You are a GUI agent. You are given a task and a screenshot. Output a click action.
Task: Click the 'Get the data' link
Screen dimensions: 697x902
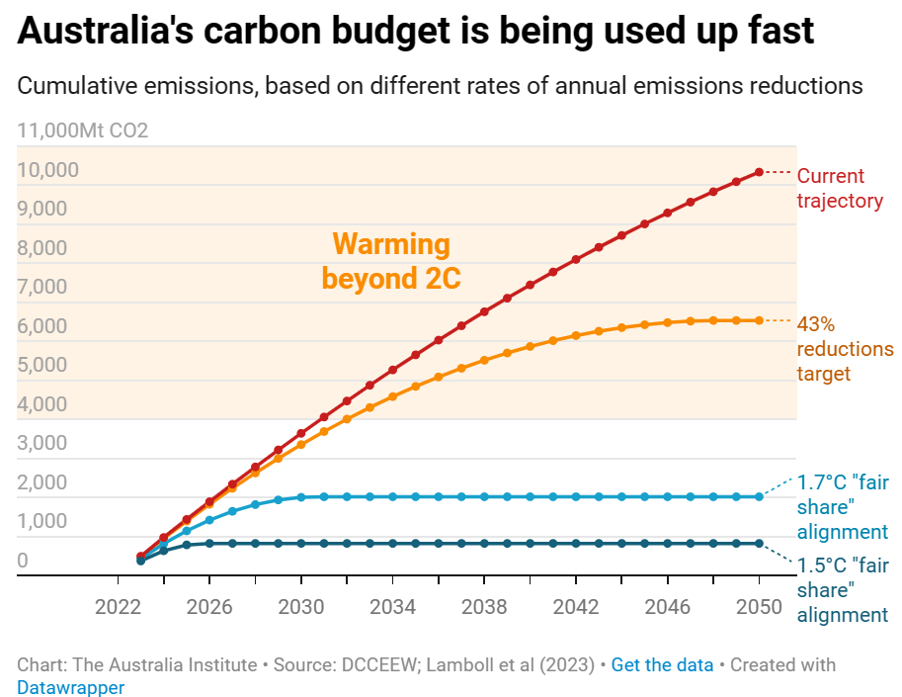pos(662,664)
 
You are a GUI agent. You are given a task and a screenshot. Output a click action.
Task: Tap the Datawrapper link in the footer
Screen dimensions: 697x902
pos(71,687)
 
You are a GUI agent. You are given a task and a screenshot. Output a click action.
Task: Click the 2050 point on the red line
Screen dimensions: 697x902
pos(759,172)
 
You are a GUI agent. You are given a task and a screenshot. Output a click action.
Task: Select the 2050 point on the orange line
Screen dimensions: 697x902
pos(759,320)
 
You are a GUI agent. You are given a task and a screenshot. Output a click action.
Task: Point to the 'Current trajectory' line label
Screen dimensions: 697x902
pos(839,188)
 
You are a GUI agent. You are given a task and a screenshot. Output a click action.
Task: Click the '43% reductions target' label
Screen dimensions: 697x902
pos(844,349)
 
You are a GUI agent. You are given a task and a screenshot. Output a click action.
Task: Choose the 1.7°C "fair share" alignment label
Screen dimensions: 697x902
pos(842,507)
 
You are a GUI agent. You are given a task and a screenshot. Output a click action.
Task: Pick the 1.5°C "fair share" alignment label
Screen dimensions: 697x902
pos(842,590)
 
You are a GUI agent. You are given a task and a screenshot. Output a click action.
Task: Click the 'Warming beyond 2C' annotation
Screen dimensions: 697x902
pos(391,261)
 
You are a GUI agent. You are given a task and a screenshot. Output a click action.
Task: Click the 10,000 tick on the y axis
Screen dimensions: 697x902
pos(48,170)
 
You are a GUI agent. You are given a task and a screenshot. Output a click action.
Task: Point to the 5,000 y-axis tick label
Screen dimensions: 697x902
pos(42,365)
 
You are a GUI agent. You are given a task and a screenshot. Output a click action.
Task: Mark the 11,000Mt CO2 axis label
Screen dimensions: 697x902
pos(83,130)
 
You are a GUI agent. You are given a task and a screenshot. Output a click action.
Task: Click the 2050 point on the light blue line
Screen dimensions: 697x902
pos(759,496)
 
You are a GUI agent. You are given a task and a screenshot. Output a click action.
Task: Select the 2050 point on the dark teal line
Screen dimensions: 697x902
pos(759,543)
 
